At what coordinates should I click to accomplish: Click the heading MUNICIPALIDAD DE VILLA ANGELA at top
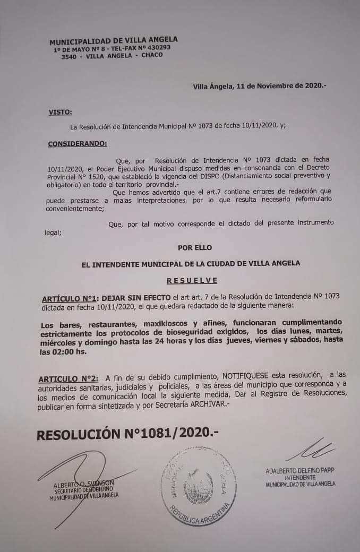(x=114, y=40)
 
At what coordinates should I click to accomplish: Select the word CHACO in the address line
(x=152, y=55)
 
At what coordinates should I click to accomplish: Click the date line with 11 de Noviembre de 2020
(x=260, y=85)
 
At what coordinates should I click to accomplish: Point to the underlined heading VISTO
(x=60, y=112)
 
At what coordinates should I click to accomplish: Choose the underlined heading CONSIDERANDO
(x=77, y=143)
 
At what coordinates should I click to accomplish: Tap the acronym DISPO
(x=204, y=175)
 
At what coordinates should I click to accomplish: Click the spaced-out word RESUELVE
(x=192, y=280)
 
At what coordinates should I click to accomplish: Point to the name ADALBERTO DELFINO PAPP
(x=300, y=471)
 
